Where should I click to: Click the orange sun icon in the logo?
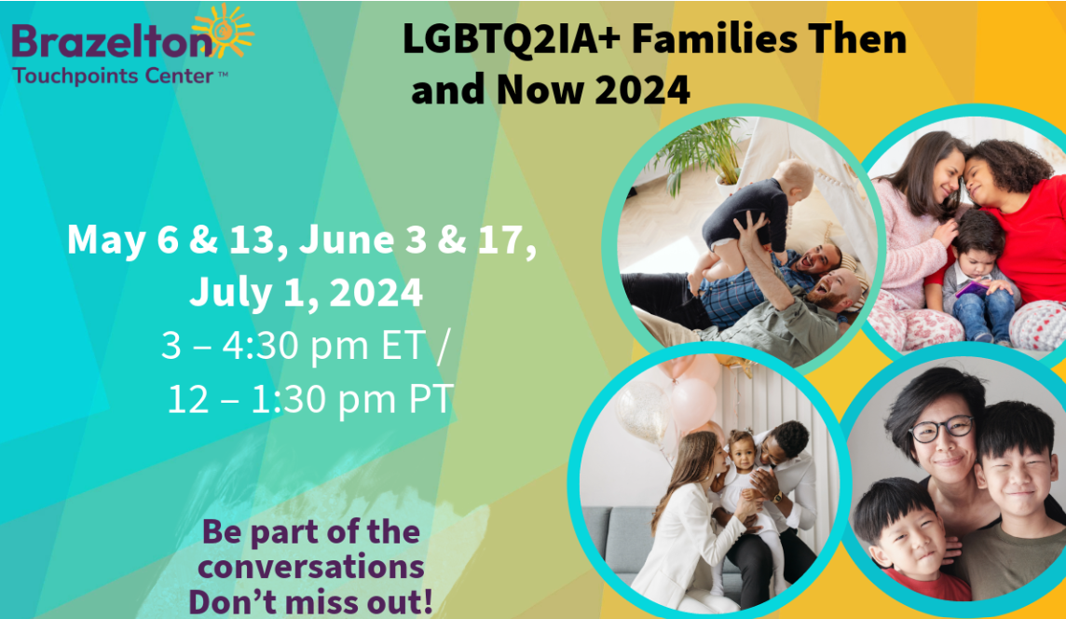tap(224, 31)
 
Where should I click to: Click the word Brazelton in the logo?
tap(112, 42)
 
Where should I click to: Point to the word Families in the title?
tap(714, 38)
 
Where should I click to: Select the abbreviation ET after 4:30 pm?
tap(404, 345)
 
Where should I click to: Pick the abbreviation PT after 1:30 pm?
tap(430, 399)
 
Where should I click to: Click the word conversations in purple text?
tap(311, 567)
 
